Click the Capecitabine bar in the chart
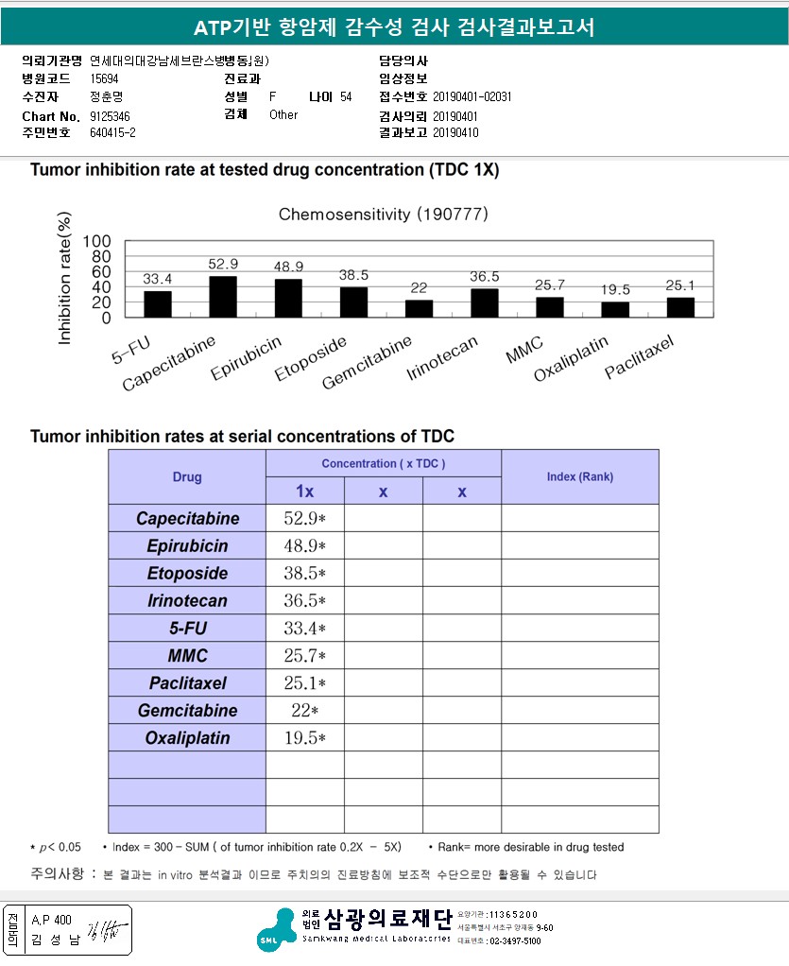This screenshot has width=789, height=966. coord(223,297)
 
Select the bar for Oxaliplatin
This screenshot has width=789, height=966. coord(615,309)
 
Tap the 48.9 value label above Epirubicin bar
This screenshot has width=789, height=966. coord(288,267)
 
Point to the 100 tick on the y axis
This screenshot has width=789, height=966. coord(97,240)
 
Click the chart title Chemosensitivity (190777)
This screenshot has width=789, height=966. coord(383,215)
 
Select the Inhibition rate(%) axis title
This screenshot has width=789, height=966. coord(65,280)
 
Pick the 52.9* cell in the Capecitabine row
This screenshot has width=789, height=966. coord(304,518)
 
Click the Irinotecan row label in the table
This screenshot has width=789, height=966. coord(187,600)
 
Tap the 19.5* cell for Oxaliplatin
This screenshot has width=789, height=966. coord(304,737)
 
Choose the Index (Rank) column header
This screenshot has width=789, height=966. coord(579,476)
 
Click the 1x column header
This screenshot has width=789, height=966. coord(304,492)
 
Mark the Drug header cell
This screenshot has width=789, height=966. coord(187,476)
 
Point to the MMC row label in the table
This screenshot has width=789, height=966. coord(187,655)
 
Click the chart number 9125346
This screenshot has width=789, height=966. coord(111,115)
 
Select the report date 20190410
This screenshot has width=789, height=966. coord(455,132)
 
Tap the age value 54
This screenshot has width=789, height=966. coord(346,97)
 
